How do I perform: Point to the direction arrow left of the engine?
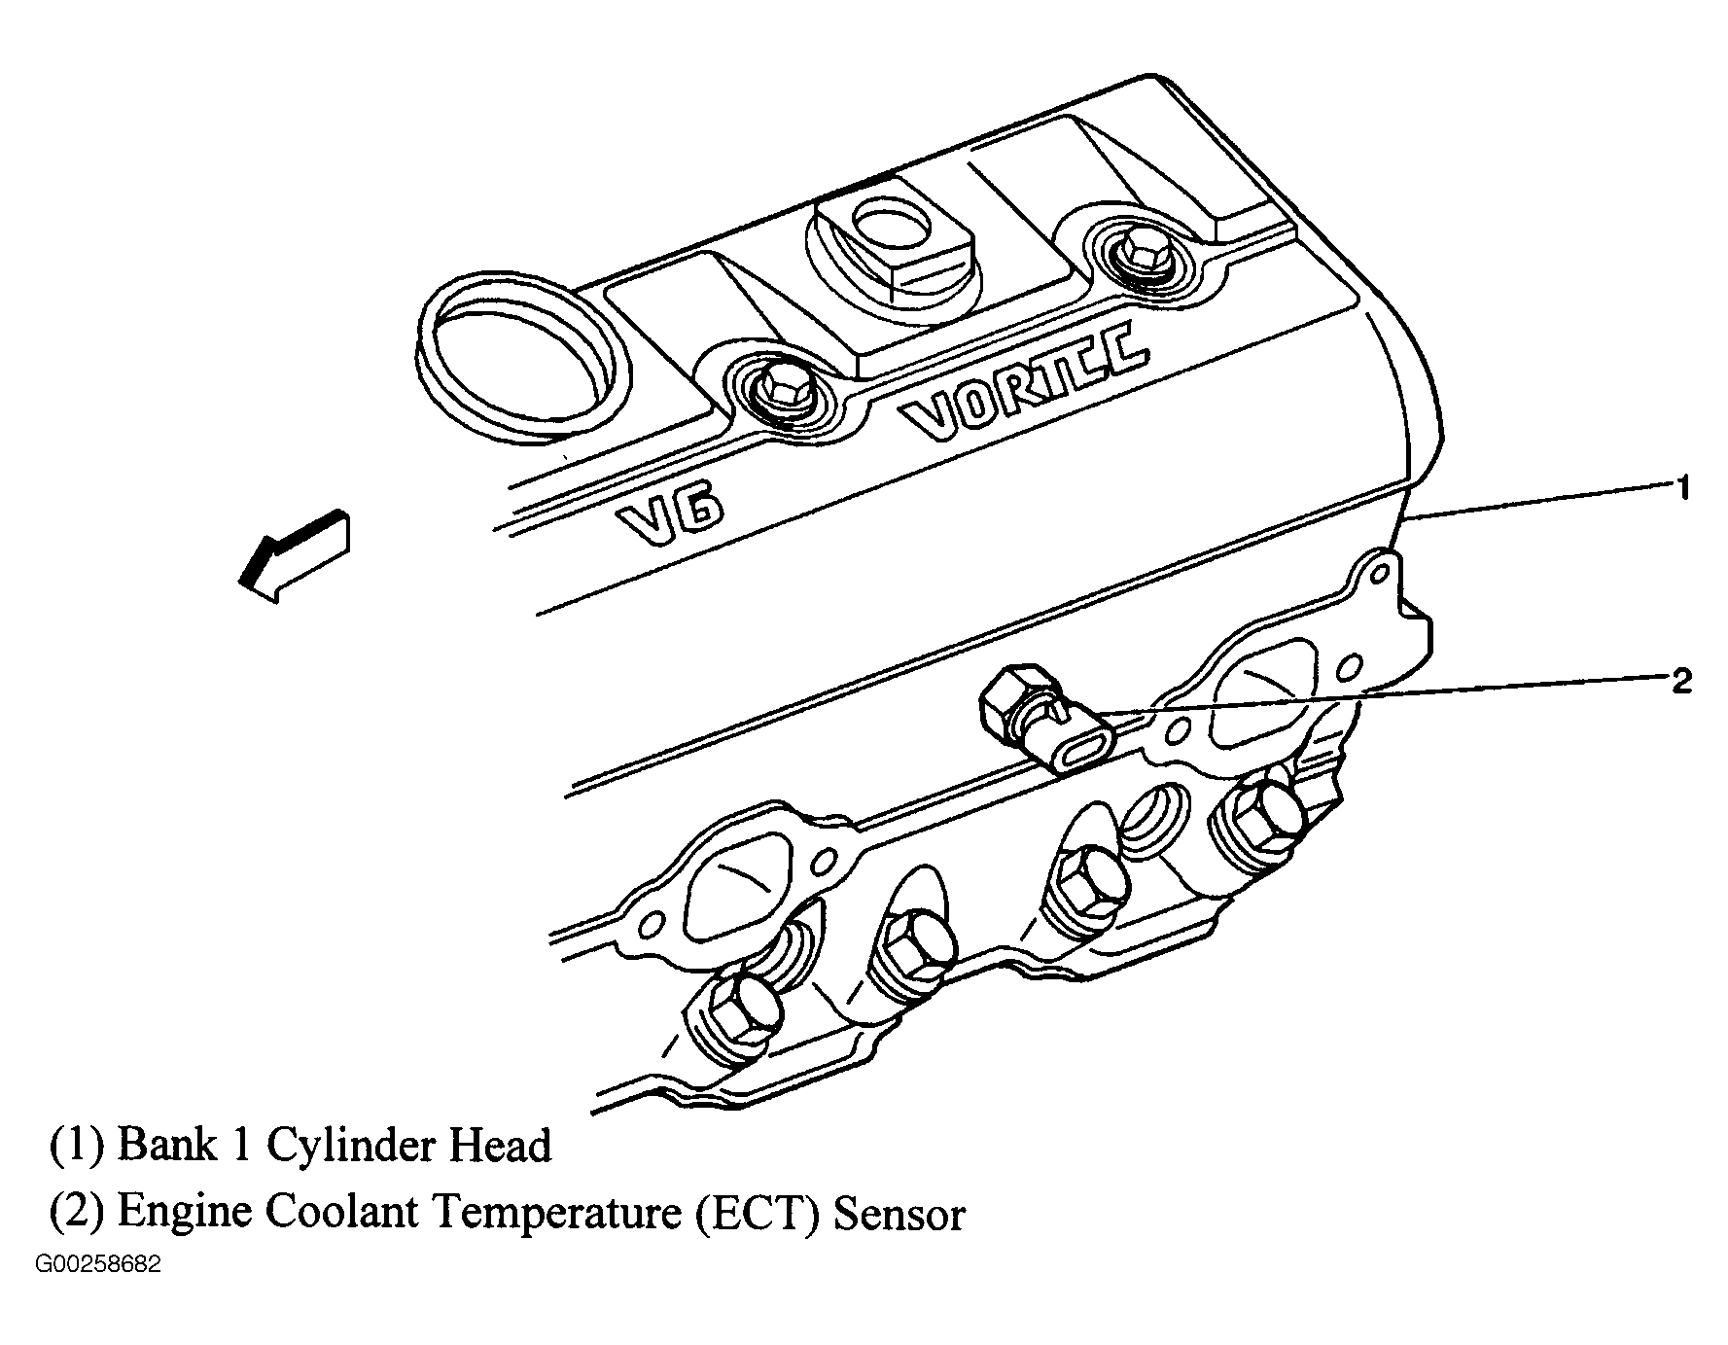point(294,556)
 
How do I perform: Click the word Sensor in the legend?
point(899,1214)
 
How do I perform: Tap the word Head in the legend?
point(499,1145)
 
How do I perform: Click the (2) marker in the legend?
point(77,1213)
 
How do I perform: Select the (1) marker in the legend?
point(77,1145)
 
